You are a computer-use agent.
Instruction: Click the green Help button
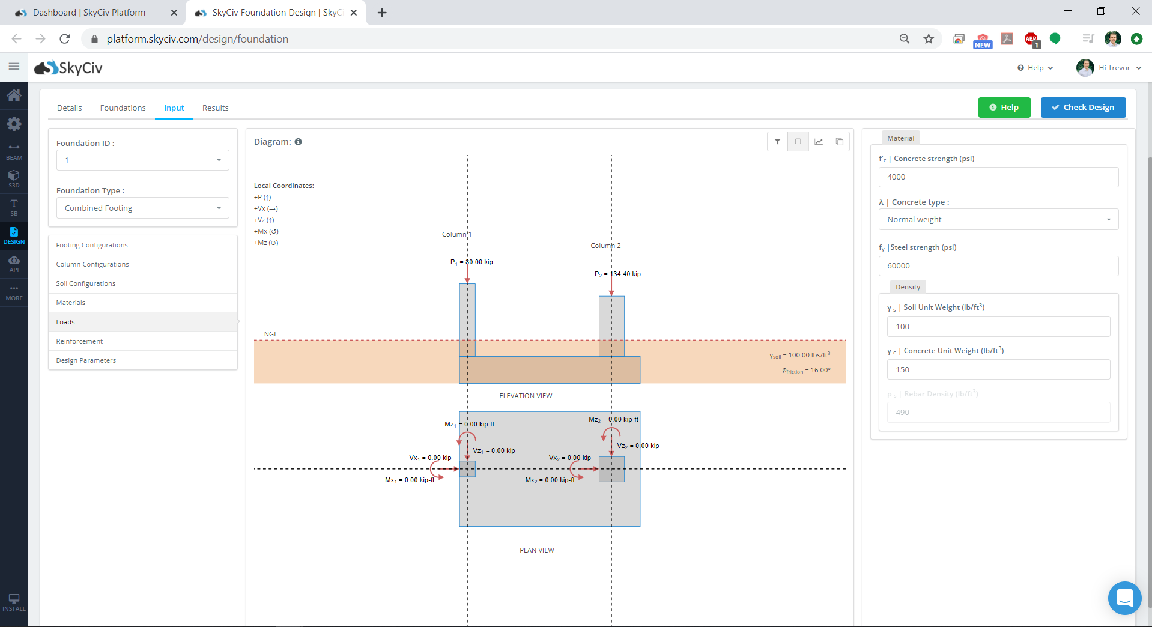point(1004,108)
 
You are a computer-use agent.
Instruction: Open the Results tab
point(215,108)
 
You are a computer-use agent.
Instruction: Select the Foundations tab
point(123,108)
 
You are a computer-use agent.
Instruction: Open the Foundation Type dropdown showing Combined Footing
point(143,208)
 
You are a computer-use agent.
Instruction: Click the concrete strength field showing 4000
point(998,177)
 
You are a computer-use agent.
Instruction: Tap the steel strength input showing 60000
point(998,266)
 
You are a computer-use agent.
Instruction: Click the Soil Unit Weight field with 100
point(998,327)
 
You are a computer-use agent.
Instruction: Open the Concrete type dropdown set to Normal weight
point(998,219)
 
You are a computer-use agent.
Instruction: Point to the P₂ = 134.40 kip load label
point(617,274)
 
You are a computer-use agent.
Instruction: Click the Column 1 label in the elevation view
point(457,234)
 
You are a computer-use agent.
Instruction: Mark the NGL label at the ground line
point(271,334)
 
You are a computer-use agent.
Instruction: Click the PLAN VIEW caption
point(537,550)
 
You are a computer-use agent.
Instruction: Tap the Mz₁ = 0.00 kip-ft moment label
point(469,424)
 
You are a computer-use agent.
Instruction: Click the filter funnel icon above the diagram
point(777,142)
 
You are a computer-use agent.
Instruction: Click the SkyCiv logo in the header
point(68,68)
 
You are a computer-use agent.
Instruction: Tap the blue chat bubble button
point(1124,598)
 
